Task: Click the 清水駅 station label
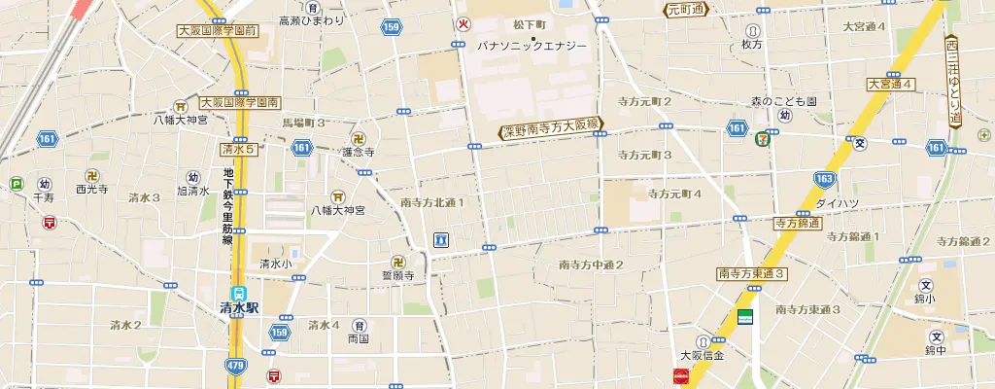(240, 307)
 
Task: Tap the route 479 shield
(234, 366)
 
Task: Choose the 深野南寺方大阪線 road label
(553, 131)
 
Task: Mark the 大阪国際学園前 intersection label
(217, 31)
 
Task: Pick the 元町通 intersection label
(687, 11)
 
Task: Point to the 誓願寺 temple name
(397, 276)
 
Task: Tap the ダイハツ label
(835, 203)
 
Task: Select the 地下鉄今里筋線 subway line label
(228, 207)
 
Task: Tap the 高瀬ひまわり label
(311, 20)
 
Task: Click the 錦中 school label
(935, 350)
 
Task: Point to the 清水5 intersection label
(238, 150)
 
